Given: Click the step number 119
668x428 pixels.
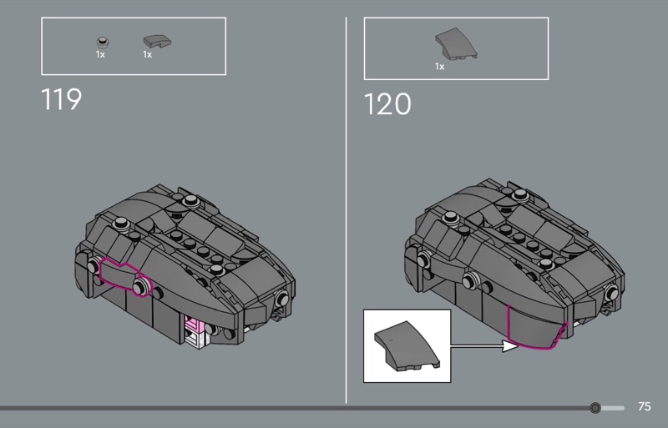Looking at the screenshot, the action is coord(61,99).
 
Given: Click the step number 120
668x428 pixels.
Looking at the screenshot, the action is coord(387,104).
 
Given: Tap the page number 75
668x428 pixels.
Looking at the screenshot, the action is coord(644,406).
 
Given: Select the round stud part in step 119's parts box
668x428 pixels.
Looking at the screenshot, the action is coord(102,42).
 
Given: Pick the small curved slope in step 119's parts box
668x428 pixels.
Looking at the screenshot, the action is coord(157,41).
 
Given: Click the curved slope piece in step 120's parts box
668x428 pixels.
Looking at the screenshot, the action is coord(456,43).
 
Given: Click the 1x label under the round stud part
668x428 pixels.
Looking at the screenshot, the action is coord(100,54).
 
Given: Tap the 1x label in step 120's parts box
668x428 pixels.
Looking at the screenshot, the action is coord(440,67).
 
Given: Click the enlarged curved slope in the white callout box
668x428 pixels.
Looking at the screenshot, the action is coord(407,345).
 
